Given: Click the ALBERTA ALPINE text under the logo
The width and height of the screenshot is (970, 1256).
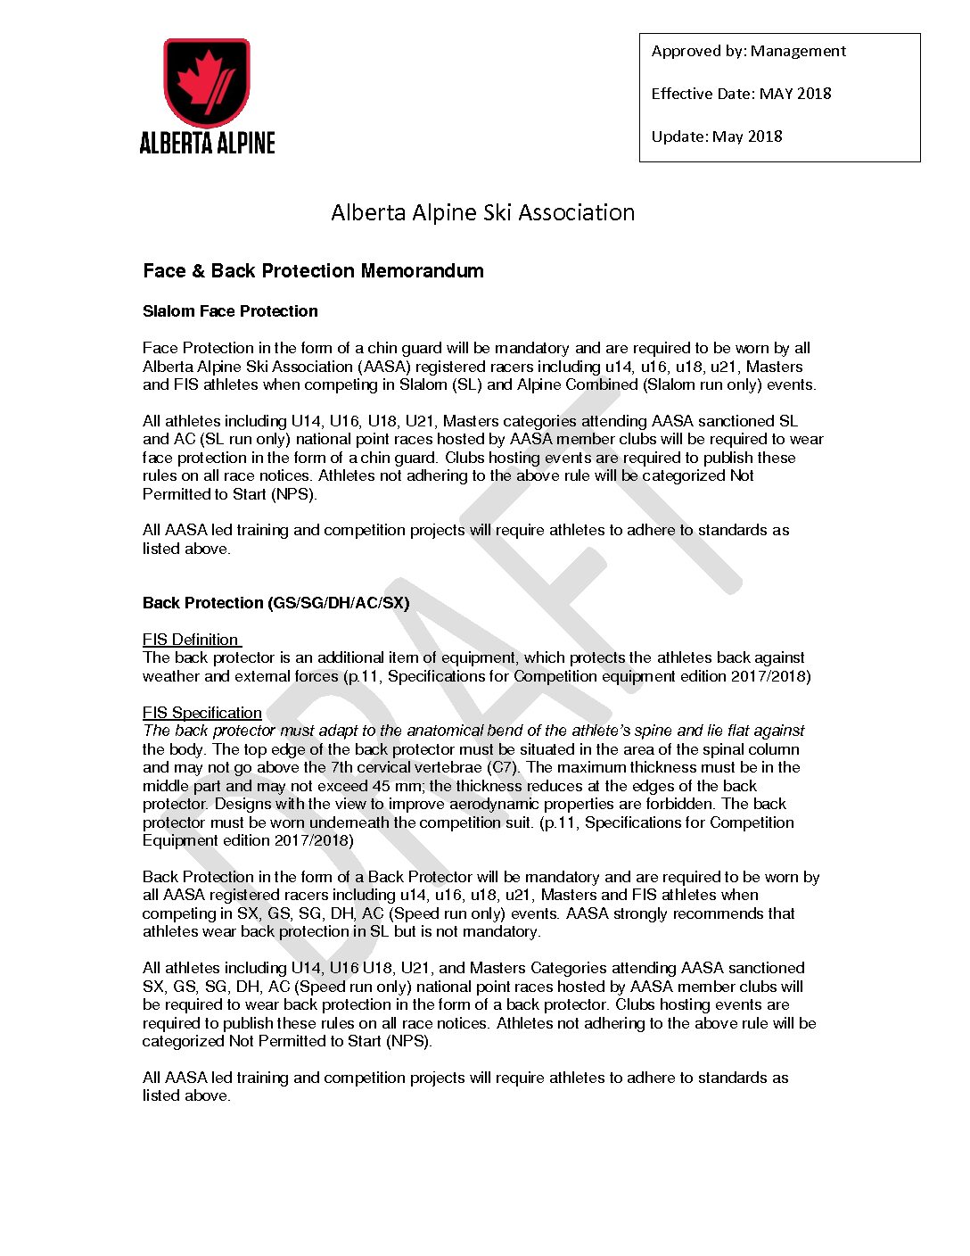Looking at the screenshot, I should [x=207, y=143].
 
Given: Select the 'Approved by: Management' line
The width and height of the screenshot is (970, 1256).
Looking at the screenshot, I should [x=748, y=51].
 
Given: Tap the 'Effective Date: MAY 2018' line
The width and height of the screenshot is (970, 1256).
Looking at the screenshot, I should [x=741, y=94].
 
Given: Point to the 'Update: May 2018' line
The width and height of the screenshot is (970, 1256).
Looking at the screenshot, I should [x=717, y=136].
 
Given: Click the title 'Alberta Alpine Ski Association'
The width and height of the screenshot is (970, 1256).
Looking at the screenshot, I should [x=482, y=212].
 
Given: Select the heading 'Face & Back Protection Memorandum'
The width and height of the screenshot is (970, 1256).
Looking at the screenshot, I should [x=313, y=271].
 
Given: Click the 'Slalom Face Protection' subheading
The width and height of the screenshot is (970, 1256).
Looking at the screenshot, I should [x=230, y=311].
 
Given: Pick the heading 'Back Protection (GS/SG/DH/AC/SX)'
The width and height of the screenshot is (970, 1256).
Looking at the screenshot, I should [x=275, y=603].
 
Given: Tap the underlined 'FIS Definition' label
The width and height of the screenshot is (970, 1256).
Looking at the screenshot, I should [x=191, y=640].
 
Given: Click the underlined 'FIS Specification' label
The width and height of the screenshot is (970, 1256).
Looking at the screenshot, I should [x=202, y=713].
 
